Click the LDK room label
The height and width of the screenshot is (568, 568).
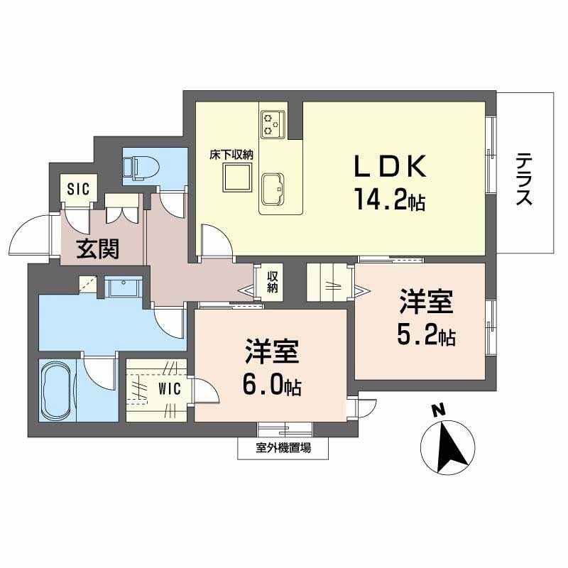pos(390,168)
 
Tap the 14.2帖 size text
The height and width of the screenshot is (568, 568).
pos(386,202)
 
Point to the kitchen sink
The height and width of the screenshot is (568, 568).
pos(273,188)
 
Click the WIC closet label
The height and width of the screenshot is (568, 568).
pos(168,388)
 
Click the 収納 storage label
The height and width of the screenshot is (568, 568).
pos(273,282)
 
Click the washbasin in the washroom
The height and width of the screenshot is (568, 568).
pos(125,288)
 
